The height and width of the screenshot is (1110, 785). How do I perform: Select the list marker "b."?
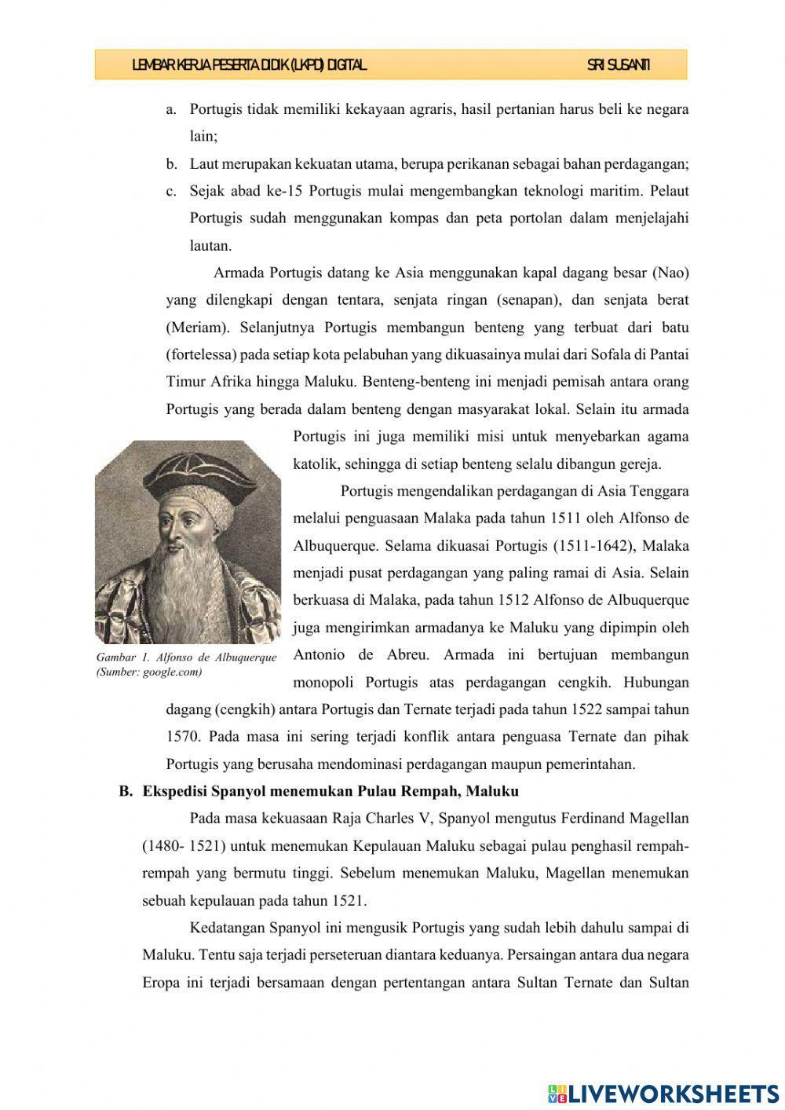point(171,164)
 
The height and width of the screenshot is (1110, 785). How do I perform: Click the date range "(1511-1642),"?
point(593,545)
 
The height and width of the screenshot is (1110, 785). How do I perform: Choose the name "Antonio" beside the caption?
point(318,654)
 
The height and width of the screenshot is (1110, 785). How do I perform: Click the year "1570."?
point(184,736)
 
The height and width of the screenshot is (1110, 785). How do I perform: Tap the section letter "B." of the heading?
point(126,791)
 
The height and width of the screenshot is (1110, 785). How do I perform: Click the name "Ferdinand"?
point(590,819)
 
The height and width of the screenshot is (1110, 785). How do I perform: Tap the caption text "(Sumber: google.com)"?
point(148,672)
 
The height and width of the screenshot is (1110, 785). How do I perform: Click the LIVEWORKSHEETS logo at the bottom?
point(663,1093)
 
